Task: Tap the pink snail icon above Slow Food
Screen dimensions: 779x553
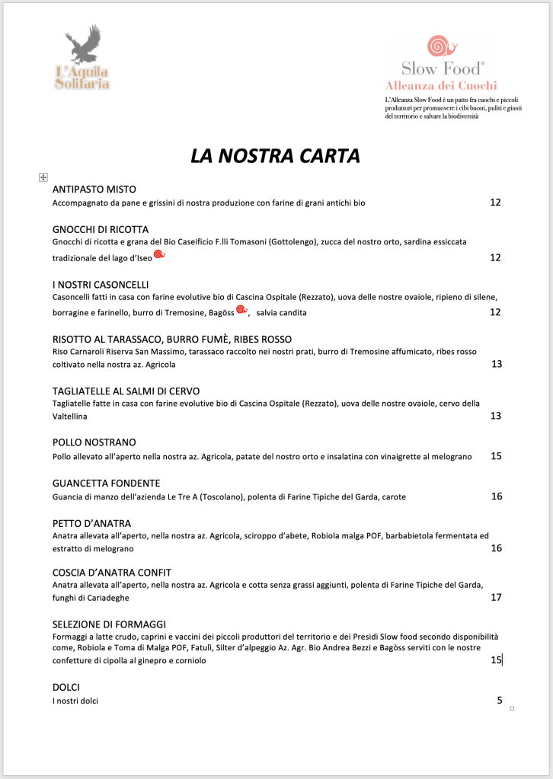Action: click(438, 46)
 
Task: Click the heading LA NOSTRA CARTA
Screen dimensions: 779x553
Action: click(275, 156)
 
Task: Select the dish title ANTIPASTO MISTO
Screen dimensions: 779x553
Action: click(94, 189)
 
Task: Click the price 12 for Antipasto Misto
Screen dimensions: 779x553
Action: click(495, 203)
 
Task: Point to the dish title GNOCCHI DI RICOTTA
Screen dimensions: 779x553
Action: click(100, 229)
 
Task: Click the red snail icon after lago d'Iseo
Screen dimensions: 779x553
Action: click(159, 254)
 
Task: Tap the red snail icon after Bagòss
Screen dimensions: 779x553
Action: click(241, 310)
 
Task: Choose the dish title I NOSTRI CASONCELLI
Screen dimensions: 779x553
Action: click(101, 285)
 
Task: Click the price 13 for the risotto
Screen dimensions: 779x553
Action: click(497, 364)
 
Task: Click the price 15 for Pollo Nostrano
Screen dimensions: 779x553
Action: click(497, 456)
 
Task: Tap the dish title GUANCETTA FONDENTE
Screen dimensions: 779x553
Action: click(106, 484)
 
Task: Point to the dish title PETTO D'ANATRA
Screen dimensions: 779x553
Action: click(91, 524)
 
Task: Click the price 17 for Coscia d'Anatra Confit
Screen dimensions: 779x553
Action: click(497, 598)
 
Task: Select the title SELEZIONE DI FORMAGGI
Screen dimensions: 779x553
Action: click(109, 624)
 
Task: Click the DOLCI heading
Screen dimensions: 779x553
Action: click(66, 687)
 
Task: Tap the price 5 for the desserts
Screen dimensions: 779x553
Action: click(500, 700)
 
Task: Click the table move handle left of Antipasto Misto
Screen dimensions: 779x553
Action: click(43, 177)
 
